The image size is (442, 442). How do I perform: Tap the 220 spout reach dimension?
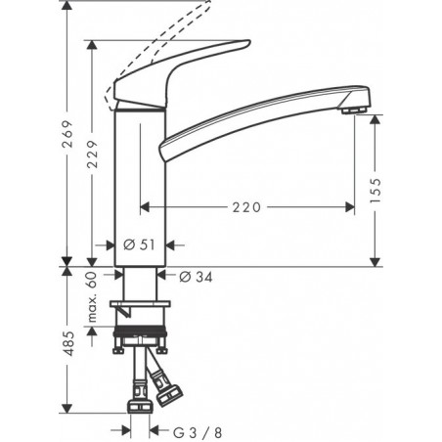[248, 206]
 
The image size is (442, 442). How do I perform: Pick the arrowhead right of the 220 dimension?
[349, 206]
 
